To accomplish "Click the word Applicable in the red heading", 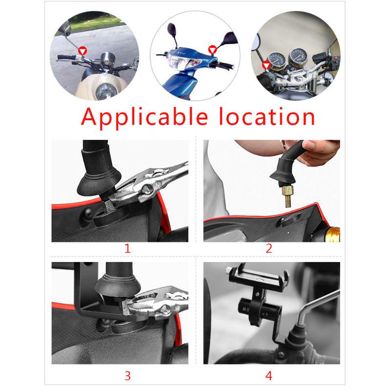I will (140, 117).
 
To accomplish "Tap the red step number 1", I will (128, 248).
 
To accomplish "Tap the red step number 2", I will (268, 248).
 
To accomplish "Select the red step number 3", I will (128, 375).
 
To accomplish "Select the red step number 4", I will (268, 375).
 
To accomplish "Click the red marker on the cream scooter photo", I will (83, 50).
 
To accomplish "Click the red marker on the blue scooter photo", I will (212, 49).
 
